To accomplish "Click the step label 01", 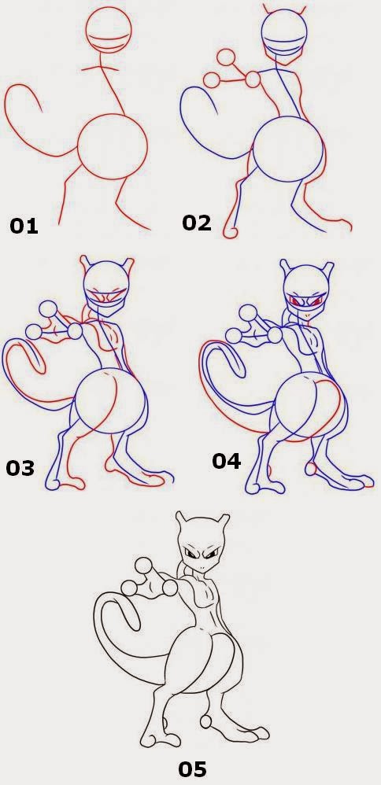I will click(x=24, y=227).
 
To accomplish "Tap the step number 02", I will click(x=197, y=223).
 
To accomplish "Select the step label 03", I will click(x=20, y=468).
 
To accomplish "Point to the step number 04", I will click(x=226, y=461).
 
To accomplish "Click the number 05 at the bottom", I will click(x=193, y=767).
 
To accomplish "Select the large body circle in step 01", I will click(x=113, y=148).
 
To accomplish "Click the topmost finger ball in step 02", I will click(x=227, y=57).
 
